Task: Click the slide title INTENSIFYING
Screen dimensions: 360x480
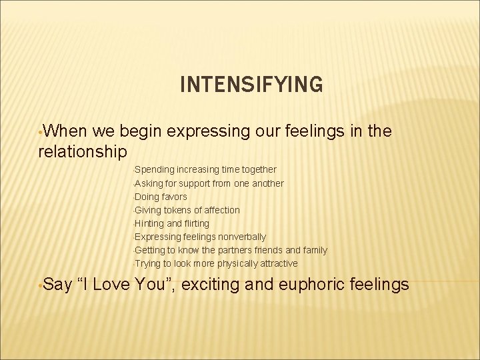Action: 251,85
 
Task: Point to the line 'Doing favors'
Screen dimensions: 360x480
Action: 161,197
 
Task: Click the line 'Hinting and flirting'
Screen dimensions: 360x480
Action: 171,223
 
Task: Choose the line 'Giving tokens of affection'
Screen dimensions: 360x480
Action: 187,210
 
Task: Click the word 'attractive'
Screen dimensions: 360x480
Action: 275,263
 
